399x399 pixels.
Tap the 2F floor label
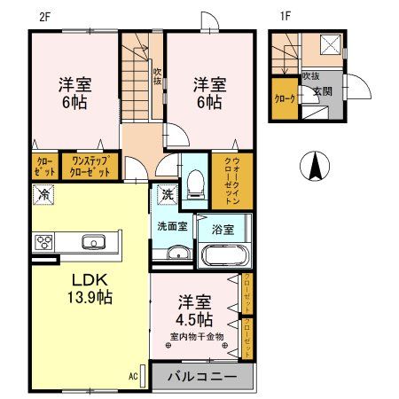(44, 15)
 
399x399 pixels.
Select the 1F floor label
(286, 15)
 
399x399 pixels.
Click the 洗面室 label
(171, 227)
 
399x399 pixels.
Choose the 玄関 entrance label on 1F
(320, 91)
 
